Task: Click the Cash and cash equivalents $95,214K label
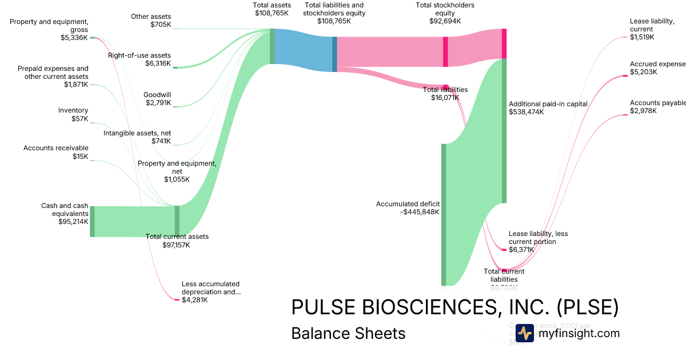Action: click(x=65, y=214)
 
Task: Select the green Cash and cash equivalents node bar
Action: click(x=92, y=221)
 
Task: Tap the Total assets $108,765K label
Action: click(x=272, y=9)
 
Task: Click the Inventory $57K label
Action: click(x=73, y=115)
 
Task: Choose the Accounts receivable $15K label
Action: click(x=56, y=152)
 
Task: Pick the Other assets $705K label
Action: click(x=151, y=21)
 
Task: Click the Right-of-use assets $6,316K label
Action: click(x=139, y=59)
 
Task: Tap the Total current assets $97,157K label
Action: click(x=177, y=241)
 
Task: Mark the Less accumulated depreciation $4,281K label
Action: click(x=210, y=291)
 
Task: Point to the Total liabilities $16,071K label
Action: click(x=445, y=94)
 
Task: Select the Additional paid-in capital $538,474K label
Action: click(x=540, y=108)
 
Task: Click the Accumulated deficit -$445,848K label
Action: click(x=408, y=207)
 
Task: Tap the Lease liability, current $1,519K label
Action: click(x=652, y=29)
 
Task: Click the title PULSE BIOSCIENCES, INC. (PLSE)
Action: click(x=454, y=307)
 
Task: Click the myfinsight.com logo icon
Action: click(x=524, y=333)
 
